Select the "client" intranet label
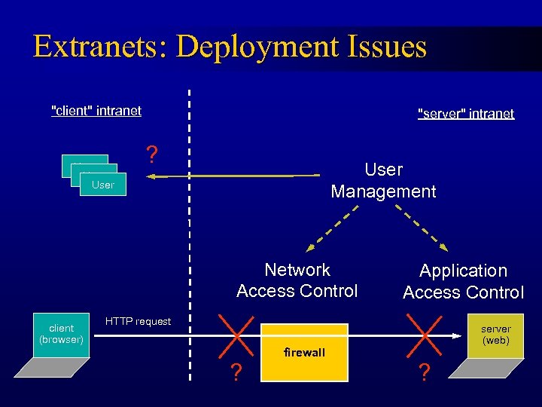(96, 111)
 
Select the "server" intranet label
(465, 114)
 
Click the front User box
(103, 185)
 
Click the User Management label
(383, 181)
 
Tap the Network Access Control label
(297, 280)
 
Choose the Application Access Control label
(463, 281)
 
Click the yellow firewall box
(304, 353)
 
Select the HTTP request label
(138, 322)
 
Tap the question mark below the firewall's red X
(236, 372)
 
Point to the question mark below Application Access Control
(425, 372)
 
